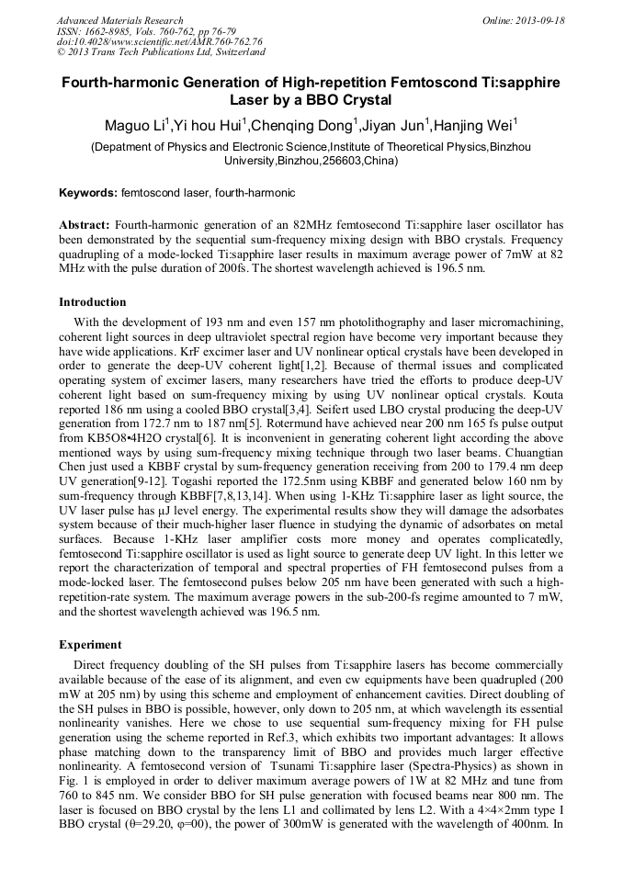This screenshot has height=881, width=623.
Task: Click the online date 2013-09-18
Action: [x=537, y=20]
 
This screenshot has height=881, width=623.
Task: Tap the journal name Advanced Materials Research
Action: [x=119, y=20]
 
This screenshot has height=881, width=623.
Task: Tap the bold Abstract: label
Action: [x=85, y=225]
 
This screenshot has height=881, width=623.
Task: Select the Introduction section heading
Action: [x=93, y=302]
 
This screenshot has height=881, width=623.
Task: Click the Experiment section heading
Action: [x=90, y=645]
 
